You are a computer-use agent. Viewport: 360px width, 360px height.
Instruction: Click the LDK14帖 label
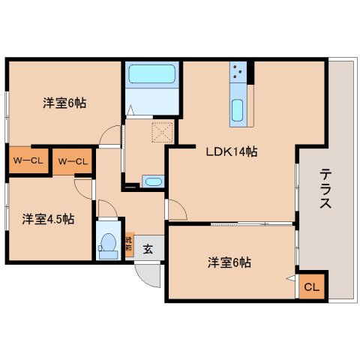pos(232,152)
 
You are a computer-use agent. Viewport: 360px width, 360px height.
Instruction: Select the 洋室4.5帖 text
pos(48,219)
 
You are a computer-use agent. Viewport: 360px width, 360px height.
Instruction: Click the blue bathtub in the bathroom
pos(151,75)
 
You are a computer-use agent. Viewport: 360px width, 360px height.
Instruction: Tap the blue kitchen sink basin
pos(238,110)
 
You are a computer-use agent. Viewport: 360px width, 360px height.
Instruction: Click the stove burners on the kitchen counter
pos(239,72)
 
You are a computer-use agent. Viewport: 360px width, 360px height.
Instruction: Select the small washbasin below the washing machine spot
pos(152,181)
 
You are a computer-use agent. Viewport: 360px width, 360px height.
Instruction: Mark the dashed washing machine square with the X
pos(163,132)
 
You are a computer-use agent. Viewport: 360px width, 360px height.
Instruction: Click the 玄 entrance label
pos(148,249)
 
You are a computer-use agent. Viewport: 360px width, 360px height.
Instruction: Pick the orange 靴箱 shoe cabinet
pos(128,246)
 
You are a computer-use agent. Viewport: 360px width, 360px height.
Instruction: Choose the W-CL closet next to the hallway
pos(73,160)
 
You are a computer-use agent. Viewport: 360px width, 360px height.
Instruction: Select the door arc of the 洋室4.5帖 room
pos(84,188)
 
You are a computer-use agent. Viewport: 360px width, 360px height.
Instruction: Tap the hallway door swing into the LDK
pos(175,211)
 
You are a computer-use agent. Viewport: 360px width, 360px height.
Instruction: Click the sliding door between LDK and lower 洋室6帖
pos(251,223)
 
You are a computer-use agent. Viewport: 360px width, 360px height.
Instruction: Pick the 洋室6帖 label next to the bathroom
pos(64,103)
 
